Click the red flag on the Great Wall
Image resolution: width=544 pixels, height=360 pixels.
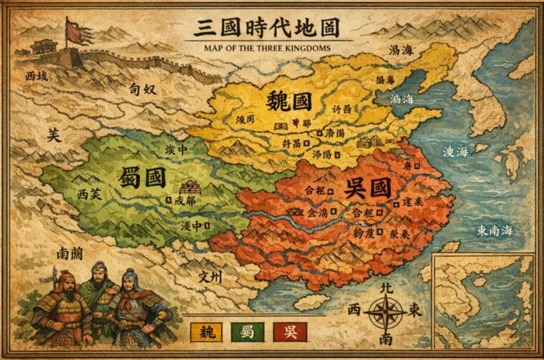coord(75,31)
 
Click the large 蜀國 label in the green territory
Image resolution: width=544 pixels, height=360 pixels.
coord(141,177)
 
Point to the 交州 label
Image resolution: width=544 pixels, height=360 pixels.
coord(211,277)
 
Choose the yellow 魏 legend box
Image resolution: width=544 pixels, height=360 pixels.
coord(207,332)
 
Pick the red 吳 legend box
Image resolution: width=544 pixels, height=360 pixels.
coord(290,332)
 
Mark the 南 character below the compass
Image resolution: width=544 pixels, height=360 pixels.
coord(386,339)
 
